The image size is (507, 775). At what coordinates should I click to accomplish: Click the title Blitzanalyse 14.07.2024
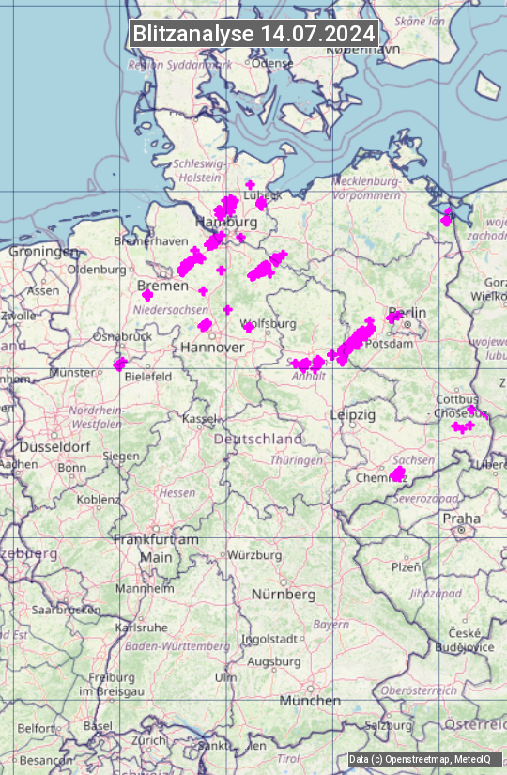coord(253,34)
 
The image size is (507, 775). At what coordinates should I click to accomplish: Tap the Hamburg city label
coord(225,223)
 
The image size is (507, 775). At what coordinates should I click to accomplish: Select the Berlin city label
coord(407,313)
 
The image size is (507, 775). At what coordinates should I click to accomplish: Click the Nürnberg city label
coord(284,595)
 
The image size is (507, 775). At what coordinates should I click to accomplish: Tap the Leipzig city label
coord(353,414)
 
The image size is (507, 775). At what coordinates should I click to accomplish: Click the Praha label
coord(461,519)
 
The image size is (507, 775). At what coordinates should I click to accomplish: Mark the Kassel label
coord(200,418)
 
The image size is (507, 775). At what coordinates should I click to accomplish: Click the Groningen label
coord(43,252)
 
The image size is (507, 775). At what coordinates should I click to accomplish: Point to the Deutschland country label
coord(258,439)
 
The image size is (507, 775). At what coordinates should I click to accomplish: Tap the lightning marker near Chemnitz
coord(397,474)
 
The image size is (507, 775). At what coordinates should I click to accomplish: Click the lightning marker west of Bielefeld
coord(119,364)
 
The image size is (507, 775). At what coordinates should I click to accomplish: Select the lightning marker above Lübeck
coord(250,185)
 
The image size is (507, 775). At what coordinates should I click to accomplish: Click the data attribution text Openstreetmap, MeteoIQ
coord(420,759)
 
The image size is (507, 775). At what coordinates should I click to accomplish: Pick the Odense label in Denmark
coord(273,63)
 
